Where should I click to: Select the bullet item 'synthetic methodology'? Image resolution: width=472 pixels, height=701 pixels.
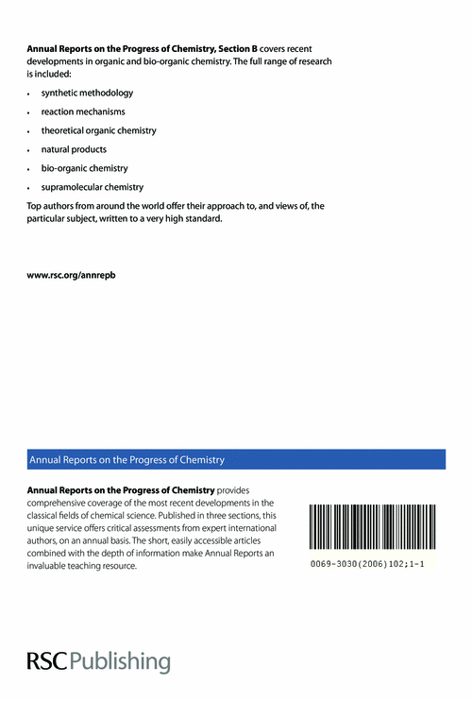[87, 94]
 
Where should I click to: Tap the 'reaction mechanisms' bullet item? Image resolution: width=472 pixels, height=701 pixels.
[82, 112]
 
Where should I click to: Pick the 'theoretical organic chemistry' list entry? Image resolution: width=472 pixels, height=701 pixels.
[98, 130]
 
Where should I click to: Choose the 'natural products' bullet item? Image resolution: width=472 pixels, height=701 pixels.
[74, 149]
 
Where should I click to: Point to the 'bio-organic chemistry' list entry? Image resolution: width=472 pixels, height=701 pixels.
[84, 168]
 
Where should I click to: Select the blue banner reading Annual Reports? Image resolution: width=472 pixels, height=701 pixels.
[235, 459]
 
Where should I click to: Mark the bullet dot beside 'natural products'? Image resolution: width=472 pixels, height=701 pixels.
[31, 150]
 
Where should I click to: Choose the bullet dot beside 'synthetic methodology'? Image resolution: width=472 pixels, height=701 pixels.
[31, 94]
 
